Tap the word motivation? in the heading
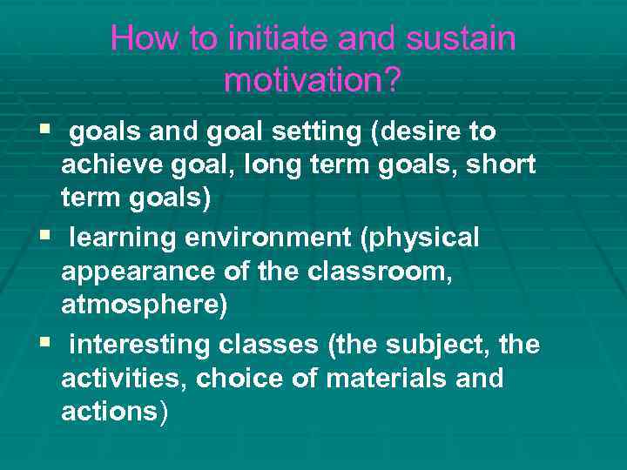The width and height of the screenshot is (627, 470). pos(313,80)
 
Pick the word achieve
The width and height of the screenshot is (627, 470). pos(114,165)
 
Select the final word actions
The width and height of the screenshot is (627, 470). pos(110,413)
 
